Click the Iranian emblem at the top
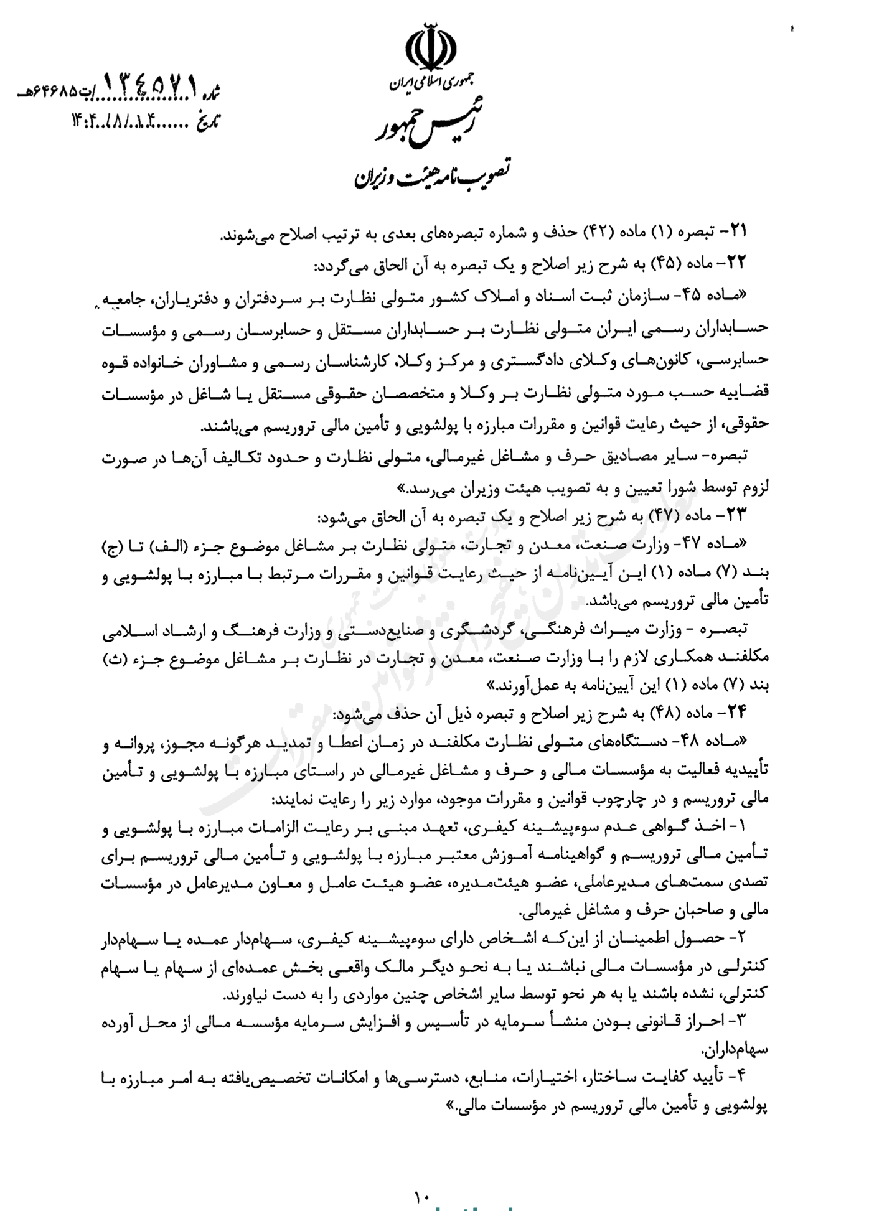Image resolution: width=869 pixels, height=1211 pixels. click(430, 45)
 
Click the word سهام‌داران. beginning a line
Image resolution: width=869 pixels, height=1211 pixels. click(735, 1050)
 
